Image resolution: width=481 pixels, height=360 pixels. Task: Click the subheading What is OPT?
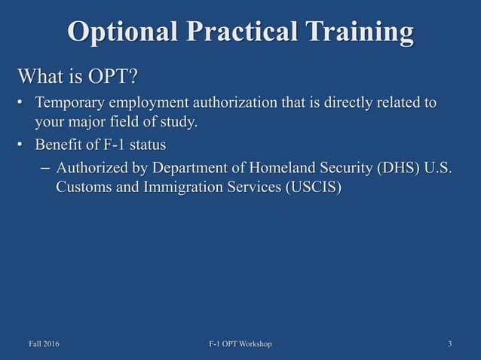78,77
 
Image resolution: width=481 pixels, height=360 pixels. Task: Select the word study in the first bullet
179,121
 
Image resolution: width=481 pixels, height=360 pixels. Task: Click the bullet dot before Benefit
23,145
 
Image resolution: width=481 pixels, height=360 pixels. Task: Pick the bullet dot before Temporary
23,103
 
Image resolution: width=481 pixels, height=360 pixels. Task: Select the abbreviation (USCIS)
312,188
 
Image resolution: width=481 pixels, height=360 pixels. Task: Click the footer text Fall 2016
44,344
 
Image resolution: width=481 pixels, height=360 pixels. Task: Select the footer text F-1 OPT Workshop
240,344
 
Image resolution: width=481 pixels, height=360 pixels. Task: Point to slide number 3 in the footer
449,344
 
